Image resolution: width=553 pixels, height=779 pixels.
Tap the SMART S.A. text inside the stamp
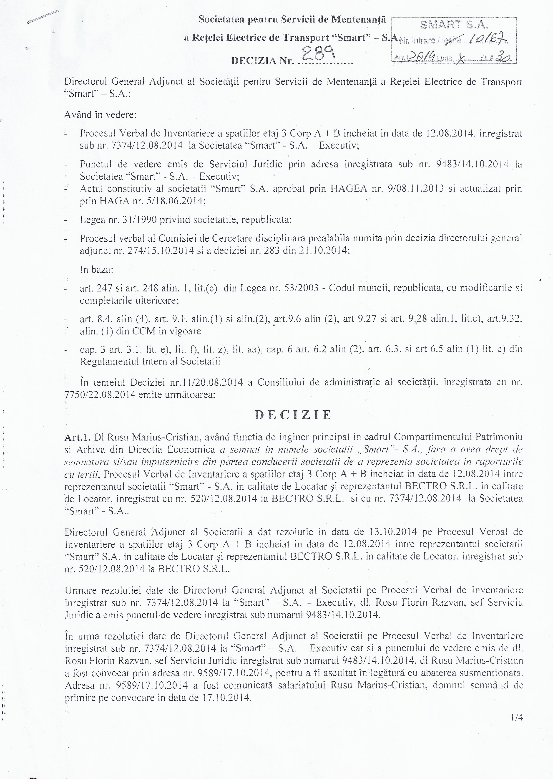pyautogui.click(x=454, y=25)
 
